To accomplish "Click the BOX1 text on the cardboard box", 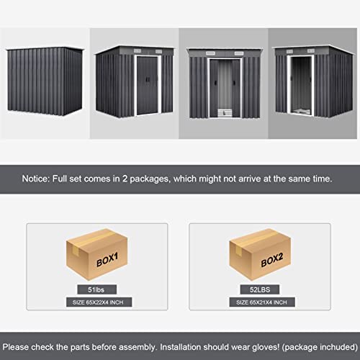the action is [107, 260].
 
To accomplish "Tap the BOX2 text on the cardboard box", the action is [272, 260].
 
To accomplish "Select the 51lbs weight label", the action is [96, 289].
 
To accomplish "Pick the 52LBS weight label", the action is [260, 289].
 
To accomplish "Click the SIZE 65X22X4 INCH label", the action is [98, 302].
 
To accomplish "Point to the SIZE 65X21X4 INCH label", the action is [261, 302].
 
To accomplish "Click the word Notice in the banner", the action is [36, 179].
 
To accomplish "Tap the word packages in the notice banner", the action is [150, 179].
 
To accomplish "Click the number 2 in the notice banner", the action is [125, 179].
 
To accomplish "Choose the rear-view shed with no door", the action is [45, 81].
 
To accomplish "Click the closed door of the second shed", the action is [147, 86].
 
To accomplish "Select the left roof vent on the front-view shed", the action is [210, 53].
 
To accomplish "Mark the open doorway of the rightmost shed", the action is [301, 85].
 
